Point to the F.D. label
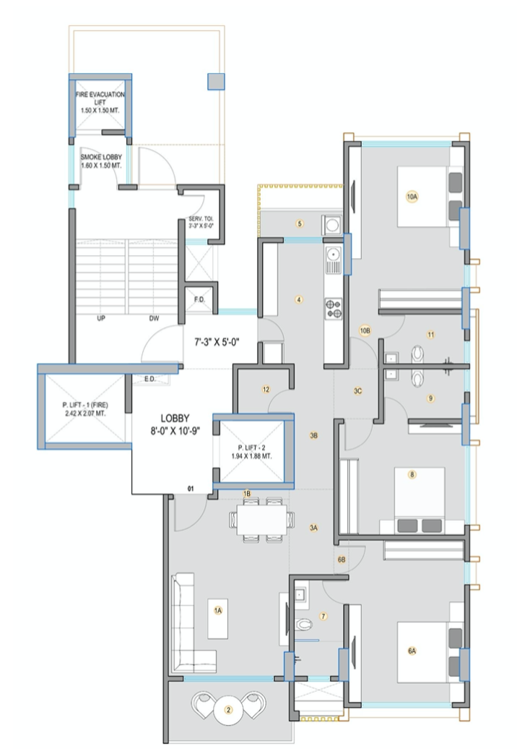click(199, 299)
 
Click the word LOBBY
click(175, 419)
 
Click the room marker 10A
click(412, 196)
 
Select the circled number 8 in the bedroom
click(412, 475)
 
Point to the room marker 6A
click(412, 651)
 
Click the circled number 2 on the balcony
click(229, 710)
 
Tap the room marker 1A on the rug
click(217, 610)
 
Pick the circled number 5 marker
click(299, 223)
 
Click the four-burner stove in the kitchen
click(334, 309)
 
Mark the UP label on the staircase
click(101, 317)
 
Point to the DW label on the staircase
click(154, 317)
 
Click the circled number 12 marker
click(266, 390)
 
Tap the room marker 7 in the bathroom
click(323, 617)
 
